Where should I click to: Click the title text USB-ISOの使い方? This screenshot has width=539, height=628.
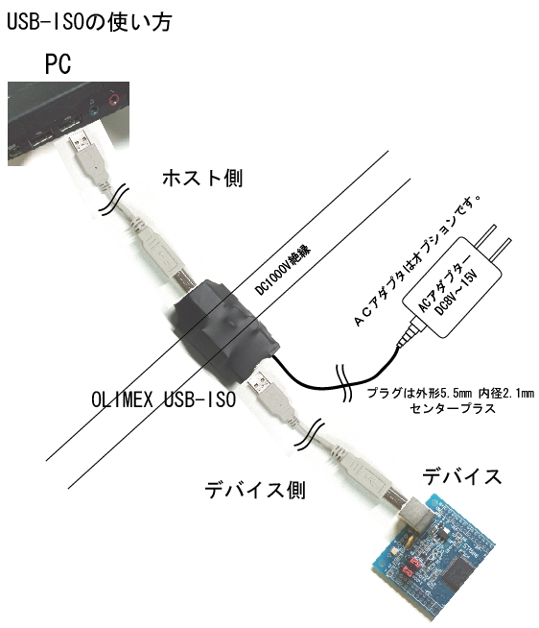coord(89,22)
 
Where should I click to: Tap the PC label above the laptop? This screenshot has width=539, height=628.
coord(58,64)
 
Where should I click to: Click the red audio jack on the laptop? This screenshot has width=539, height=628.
coord(114,98)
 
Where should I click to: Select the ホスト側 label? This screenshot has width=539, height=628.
coord(202,178)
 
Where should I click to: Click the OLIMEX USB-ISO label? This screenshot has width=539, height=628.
coord(164,399)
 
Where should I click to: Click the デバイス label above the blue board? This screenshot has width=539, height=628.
coord(461,476)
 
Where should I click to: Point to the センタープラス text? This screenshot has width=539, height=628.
coord(453,409)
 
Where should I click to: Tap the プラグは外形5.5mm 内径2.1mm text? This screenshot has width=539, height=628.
coord(451,393)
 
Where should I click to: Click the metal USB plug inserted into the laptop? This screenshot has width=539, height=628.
coord(80,138)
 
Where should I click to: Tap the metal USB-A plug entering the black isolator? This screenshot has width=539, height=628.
coord(259,381)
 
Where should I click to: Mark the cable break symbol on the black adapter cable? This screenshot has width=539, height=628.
coord(344,382)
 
